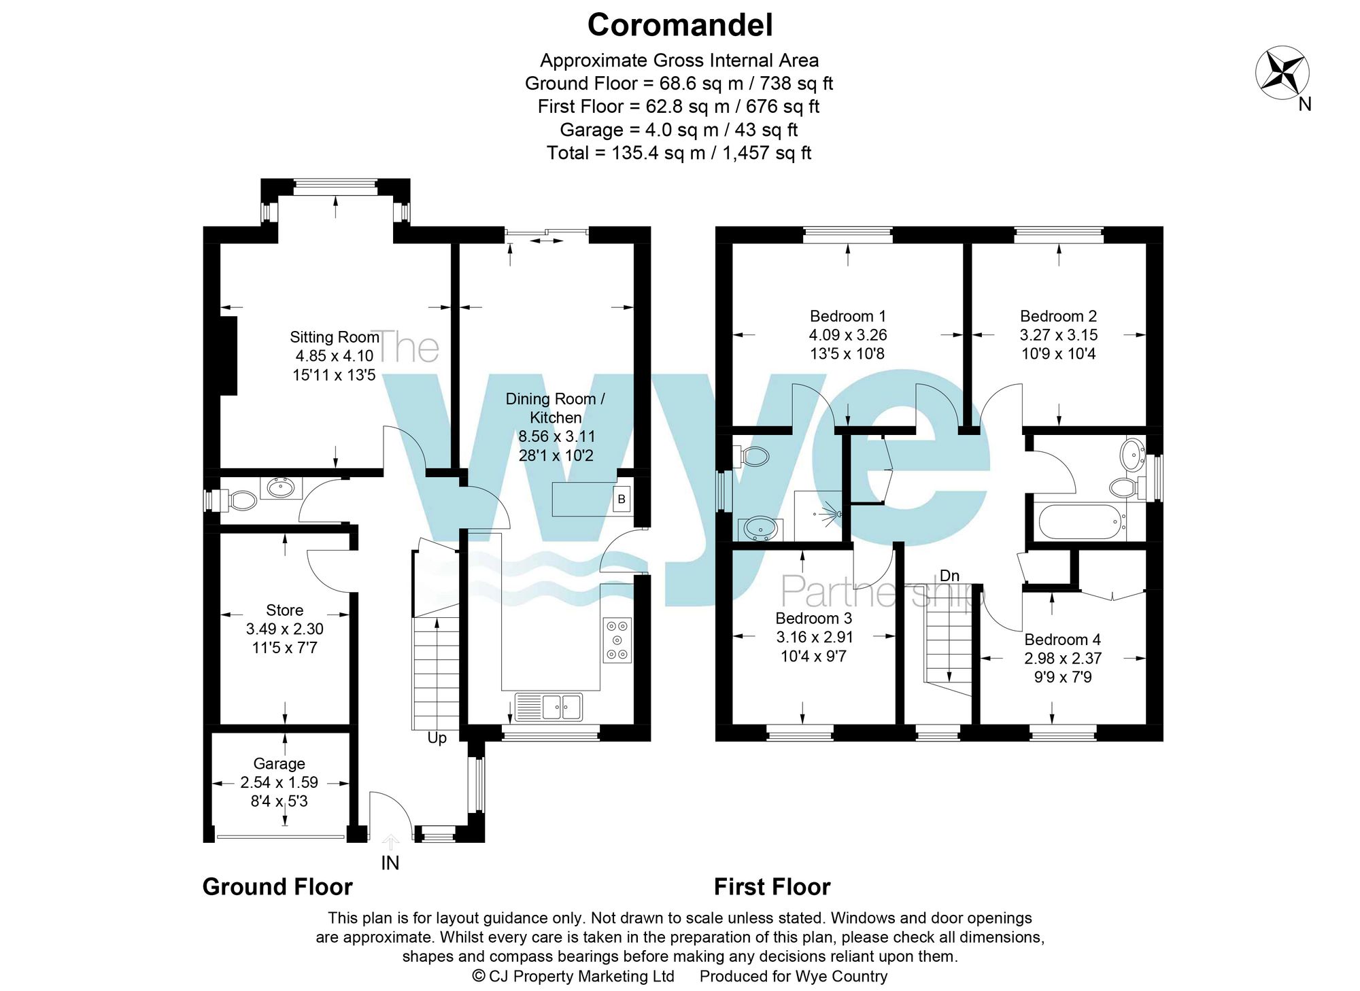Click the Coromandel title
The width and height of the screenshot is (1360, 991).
click(679, 26)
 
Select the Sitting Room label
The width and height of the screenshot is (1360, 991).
click(334, 337)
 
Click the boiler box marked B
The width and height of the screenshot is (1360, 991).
click(621, 500)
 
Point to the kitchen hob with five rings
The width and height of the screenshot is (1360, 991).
click(617, 640)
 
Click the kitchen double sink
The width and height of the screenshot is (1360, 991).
click(549, 706)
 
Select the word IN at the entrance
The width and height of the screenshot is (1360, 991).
click(390, 863)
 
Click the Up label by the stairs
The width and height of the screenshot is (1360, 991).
click(437, 738)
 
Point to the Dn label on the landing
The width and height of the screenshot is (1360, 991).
click(949, 576)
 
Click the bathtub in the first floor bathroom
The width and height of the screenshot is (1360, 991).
click(1079, 522)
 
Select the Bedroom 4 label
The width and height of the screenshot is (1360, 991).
click(1062, 640)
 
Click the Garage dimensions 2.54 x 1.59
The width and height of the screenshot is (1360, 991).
click(279, 782)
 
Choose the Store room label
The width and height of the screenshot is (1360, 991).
click(284, 610)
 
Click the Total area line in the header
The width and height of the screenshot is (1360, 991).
click(679, 153)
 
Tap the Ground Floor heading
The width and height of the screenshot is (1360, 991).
click(277, 887)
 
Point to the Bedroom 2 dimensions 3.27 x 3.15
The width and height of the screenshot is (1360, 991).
click(1058, 335)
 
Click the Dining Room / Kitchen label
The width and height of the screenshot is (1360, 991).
click(555, 408)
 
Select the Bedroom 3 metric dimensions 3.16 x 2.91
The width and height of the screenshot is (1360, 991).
click(814, 638)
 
